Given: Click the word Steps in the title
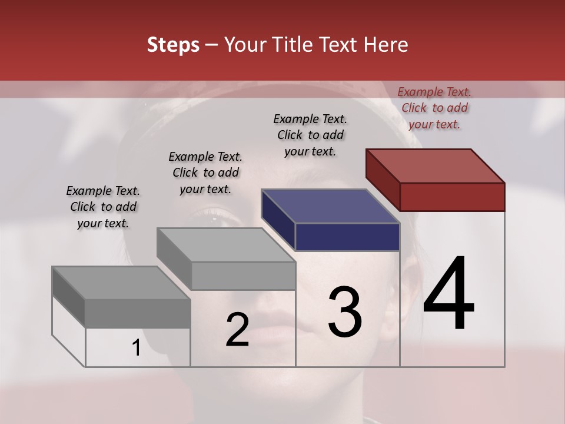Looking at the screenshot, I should tap(173, 45).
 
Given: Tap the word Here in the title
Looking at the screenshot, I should tap(385, 45).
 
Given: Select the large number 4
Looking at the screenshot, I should tap(448, 294).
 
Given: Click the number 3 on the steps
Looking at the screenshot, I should tap(345, 312).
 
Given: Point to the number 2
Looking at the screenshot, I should tap(237, 330).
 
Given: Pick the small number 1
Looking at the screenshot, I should tap(136, 348).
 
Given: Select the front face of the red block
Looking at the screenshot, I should tap(452, 197).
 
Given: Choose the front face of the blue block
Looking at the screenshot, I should tap(347, 237).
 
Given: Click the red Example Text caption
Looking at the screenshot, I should tap(434, 108).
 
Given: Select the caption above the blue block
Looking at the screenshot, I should tap(310, 135).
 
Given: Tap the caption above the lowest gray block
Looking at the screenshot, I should tap(103, 207).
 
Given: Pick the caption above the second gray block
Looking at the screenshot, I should tap(205, 173).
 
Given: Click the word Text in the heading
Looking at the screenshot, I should tap(341, 45).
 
